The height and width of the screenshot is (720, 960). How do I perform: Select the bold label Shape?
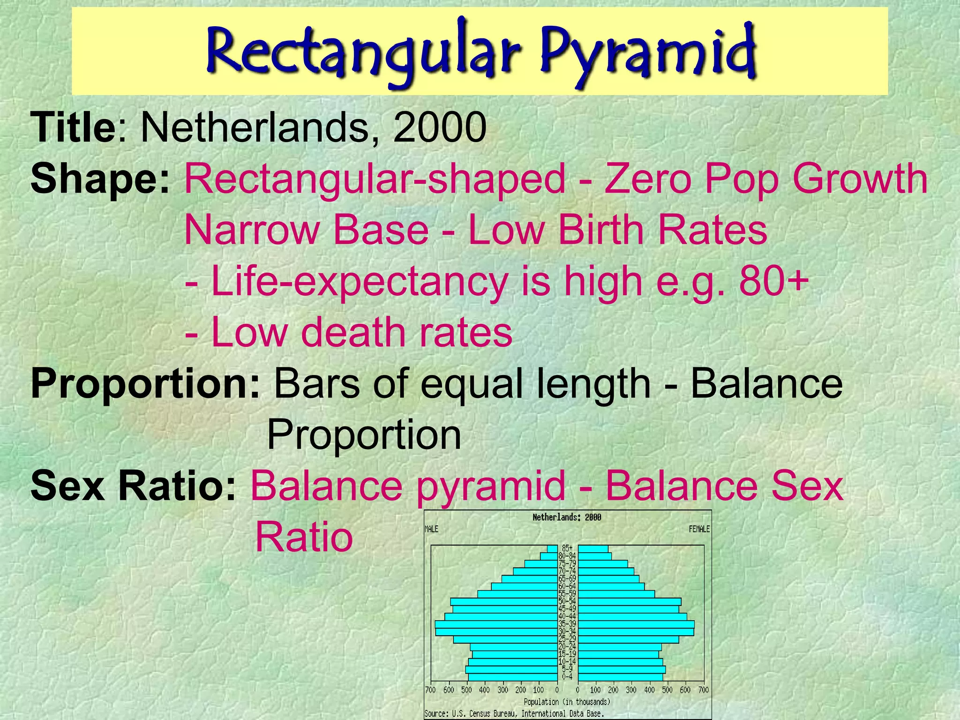[100, 179]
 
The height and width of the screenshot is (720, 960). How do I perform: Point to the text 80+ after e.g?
[773, 281]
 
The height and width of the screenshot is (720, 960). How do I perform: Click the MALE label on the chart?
[431, 529]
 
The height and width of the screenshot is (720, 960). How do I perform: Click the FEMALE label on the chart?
[699, 529]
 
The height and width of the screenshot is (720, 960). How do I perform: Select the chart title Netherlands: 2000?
[567, 517]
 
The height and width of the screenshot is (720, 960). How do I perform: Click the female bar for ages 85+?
[593, 549]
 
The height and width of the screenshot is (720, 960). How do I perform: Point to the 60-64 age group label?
[567, 586]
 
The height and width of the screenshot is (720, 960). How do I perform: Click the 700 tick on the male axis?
[430, 690]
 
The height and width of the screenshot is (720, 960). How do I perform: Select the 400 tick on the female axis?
[649, 690]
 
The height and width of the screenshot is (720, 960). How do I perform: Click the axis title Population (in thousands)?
[567, 702]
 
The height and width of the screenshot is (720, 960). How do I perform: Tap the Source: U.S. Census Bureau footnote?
[514, 714]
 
